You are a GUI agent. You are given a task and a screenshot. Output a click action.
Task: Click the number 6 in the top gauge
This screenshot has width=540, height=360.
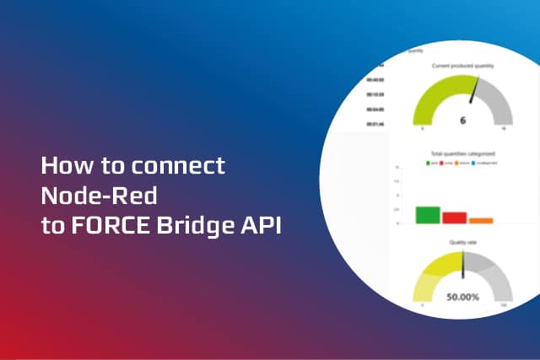point(462,120)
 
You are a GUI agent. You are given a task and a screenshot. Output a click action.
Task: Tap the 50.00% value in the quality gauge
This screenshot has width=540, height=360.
point(462,298)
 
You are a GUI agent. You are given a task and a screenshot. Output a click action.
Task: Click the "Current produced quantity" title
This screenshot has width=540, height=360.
point(462,65)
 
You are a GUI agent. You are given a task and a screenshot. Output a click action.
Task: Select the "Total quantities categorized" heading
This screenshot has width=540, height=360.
point(462,155)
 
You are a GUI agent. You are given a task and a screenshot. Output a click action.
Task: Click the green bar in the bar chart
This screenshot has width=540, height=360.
point(428,215)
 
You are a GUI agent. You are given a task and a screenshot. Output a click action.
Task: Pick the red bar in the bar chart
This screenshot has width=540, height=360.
point(454,218)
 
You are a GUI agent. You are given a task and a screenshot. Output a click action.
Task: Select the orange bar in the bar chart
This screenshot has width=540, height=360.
point(481,221)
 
